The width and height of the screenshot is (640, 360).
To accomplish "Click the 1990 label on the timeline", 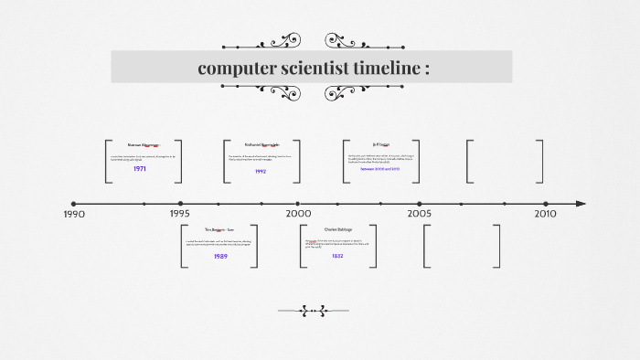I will pyautogui.click(x=74, y=214).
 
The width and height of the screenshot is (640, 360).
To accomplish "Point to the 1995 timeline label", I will pyautogui.click(x=180, y=213).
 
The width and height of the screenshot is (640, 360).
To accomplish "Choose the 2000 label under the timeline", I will pyautogui.click(x=298, y=213).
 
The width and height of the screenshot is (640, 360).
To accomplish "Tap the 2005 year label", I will pyautogui.click(x=420, y=213).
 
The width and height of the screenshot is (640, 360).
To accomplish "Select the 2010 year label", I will pyautogui.click(x=545, y=213).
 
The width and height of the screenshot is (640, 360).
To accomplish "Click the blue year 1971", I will pyautogui.click(x=140, y=169).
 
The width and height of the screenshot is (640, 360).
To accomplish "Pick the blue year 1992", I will pyautogui.click(x=261, y=171).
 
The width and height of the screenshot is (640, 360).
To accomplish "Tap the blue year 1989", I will pyautogui.click(x=220, y=256).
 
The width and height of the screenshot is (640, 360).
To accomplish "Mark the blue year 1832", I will pyautogui.click(x=337, y=256).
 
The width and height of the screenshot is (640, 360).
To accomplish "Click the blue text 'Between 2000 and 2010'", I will pyautogui.click(x=381, y=169).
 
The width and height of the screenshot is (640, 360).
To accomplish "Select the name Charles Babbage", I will pyautogui.click(x=337, y=229).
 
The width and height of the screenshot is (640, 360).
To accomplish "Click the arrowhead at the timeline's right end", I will pyautogui.click(x=581, y=204).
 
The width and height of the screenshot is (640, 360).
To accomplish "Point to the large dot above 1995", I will pyautogui.click(x=180, y=204).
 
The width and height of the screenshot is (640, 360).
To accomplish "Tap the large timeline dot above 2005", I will pyautogui.click(x=420, y=204).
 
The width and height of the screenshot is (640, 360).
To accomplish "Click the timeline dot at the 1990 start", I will pyautogui.click(x=74, y=204).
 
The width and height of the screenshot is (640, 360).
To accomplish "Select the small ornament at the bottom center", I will pyautogui.click(x=314, y=311).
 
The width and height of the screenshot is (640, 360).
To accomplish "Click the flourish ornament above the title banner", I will pyautogui.click(x=313, y=41).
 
